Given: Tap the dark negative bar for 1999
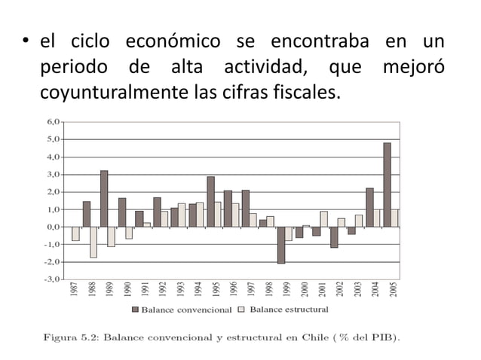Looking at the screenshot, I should coord(281,245).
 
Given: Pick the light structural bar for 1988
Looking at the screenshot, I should coord(93,242).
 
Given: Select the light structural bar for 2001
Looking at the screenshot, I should coord(324,218).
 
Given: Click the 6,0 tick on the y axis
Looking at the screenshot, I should coord(53,121).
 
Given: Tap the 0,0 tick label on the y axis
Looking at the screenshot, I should coord(53,226).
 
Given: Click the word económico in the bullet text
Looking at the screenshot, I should coord(173,42).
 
